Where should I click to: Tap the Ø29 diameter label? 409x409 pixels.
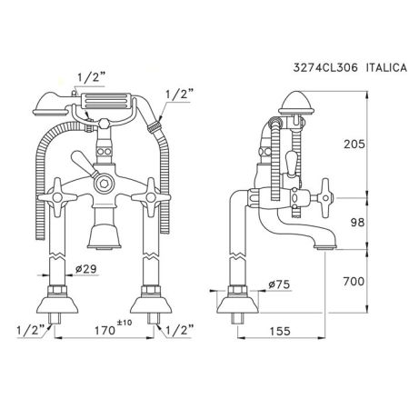click(x=86, y=269)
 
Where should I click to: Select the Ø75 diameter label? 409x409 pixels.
click(x=279, y=285)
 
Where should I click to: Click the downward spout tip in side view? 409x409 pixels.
click(x=324, y=244)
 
